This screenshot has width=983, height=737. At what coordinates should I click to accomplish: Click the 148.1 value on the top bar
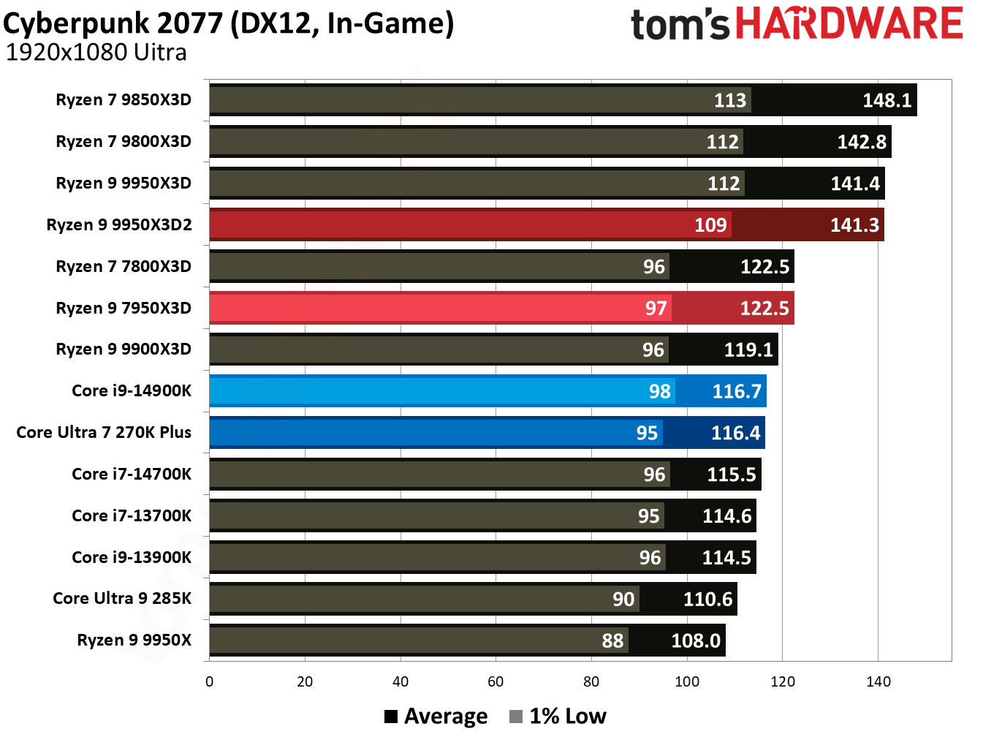tap(887, 100)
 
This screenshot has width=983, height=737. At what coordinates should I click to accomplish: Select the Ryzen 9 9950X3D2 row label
tap(119, 224)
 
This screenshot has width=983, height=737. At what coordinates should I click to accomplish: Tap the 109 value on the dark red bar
tap(710, 225)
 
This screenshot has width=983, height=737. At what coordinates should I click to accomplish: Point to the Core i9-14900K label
tap(132, 390)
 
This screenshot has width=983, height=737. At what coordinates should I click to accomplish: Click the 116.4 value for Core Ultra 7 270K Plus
tap(735, 433)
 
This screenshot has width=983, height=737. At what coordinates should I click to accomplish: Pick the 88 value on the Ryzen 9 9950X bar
tap(612, 641)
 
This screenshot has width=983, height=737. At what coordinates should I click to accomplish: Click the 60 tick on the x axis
tap(496, 681)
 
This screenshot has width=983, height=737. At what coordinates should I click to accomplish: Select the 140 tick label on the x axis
tap(878, 681)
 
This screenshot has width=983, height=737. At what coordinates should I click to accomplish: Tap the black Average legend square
tap(391, 717)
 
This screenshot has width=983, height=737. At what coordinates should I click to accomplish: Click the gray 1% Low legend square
tap(516, 717)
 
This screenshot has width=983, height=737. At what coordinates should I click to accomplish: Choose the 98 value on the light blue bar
tap(659, 392)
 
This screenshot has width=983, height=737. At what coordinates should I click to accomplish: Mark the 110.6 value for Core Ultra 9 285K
tap(707, 600)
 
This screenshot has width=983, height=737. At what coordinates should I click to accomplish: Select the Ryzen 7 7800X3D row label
tap(124, 266)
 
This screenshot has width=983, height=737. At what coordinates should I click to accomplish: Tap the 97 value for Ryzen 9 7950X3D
tap(656, 309)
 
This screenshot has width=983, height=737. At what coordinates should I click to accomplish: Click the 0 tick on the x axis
tap(210, 681)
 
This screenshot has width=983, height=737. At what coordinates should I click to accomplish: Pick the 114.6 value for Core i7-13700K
tap(726, 516)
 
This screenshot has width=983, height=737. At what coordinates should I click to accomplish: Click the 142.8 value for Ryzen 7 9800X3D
tap(861, 142)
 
